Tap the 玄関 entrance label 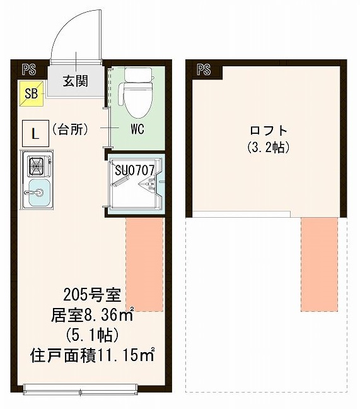click(75, 81)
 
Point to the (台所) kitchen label click(69, 129)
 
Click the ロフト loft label click(269, 131)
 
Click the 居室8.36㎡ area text click(91, 314)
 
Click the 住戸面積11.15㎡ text click(93, 355)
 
